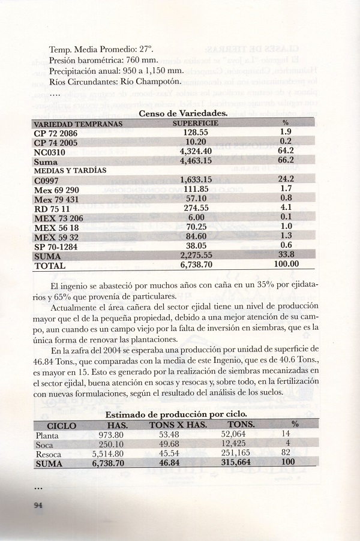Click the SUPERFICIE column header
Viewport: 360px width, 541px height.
click(195, 124)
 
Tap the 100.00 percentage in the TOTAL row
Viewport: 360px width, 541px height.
click(286, 265)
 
